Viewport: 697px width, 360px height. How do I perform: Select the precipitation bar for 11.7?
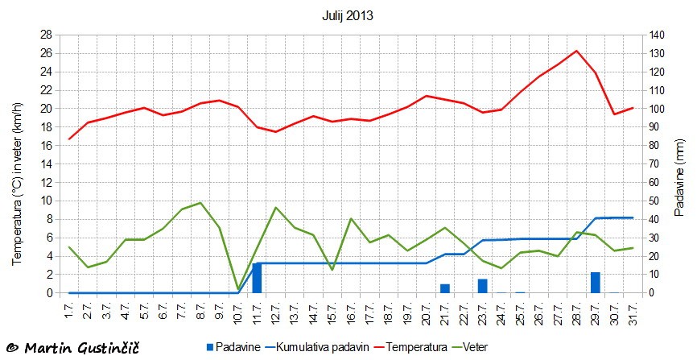point(257,278)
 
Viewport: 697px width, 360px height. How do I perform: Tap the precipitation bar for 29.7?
point(596,283)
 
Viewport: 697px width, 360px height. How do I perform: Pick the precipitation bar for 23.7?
point(482,286)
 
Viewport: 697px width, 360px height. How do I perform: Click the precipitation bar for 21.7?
point(445,288)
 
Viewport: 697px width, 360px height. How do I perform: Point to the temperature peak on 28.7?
point(576,51)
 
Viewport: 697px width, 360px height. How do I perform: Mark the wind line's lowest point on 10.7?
point(238,289)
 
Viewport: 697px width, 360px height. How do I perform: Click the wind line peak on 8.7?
point(200,203)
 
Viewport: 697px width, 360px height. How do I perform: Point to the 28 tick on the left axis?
point(46,35)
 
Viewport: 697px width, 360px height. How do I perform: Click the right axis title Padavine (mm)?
point(681,164)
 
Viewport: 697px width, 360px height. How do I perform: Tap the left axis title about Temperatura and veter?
point(16,164)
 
